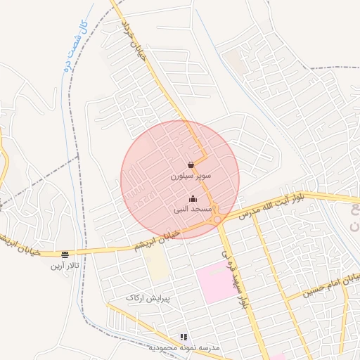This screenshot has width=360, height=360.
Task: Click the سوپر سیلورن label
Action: [191, 179]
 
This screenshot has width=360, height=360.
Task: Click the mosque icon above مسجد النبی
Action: [193, 198]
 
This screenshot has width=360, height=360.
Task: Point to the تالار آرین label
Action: [65, 266]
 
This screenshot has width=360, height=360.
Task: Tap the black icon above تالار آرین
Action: [65, 255]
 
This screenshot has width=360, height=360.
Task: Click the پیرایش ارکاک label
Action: [148, 298]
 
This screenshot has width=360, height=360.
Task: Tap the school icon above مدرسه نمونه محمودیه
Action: [184, 337]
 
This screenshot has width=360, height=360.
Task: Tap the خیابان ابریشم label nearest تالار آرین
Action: [21, 245]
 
